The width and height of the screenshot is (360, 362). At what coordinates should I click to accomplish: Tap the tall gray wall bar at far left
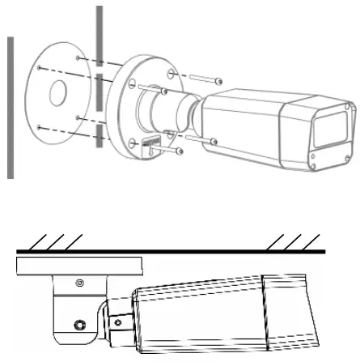(x=10, y=105)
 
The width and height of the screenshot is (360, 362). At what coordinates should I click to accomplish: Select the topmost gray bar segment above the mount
(x=99, y=32)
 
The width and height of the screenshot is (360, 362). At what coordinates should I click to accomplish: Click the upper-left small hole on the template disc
(x=76, y=59)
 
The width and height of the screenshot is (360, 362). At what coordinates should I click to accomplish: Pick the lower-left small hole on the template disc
(x=39, y=126)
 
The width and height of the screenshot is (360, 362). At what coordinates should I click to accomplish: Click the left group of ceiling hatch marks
(x=55, y=241)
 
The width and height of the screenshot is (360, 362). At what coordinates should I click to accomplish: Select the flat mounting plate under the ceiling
(x=78, y=266)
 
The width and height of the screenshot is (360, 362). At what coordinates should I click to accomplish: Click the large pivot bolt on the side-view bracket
(x=78, y=326)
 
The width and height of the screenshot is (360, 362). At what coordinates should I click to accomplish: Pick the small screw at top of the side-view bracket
(x=78, y=283)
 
